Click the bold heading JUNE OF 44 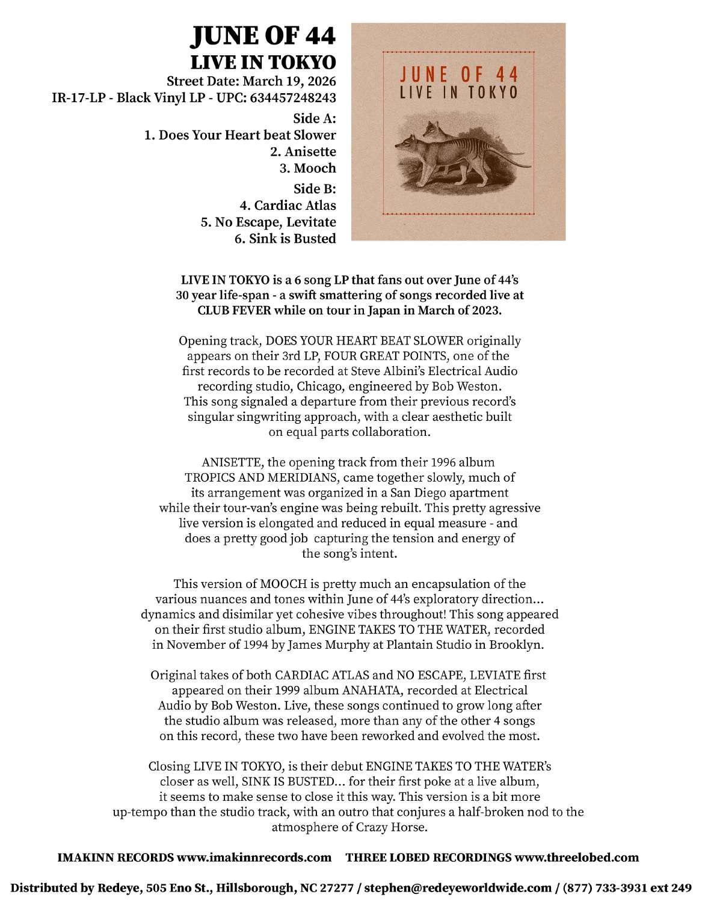(x=262, y=38)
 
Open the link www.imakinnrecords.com (x=254, y=857)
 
